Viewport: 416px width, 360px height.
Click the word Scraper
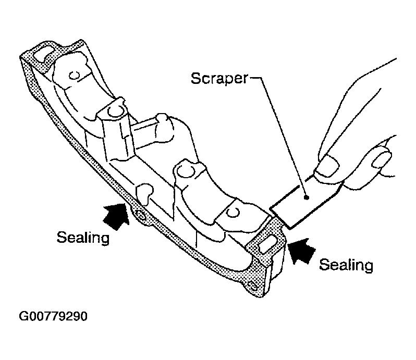click(219, 79)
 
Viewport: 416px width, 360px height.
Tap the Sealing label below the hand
click(346, 265)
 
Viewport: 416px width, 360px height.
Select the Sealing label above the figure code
click(83, 237)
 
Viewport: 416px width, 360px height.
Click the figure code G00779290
click(53, 316)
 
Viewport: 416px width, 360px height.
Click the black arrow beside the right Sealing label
click(302, 251)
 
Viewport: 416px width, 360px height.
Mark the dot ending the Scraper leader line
click(307, 197)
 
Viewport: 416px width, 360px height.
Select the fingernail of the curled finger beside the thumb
click(382, 158)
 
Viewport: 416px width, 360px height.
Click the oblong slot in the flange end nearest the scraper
click(268, 243)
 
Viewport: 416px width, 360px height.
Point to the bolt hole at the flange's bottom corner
click(252, 285)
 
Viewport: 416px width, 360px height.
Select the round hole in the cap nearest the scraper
click(233, 213)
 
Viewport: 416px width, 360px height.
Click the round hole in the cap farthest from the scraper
click(74, 76)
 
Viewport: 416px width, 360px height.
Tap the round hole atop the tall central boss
click(115, 111)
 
